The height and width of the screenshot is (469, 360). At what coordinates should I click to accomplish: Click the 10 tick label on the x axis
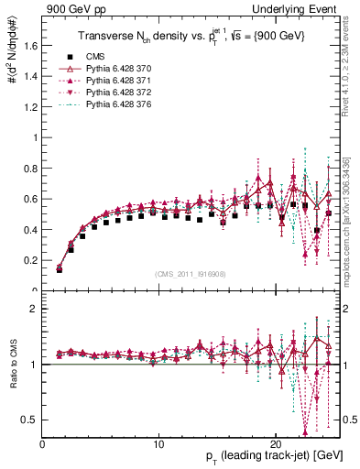point(158,443)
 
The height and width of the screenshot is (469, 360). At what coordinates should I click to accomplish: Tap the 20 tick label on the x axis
point(276,443)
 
